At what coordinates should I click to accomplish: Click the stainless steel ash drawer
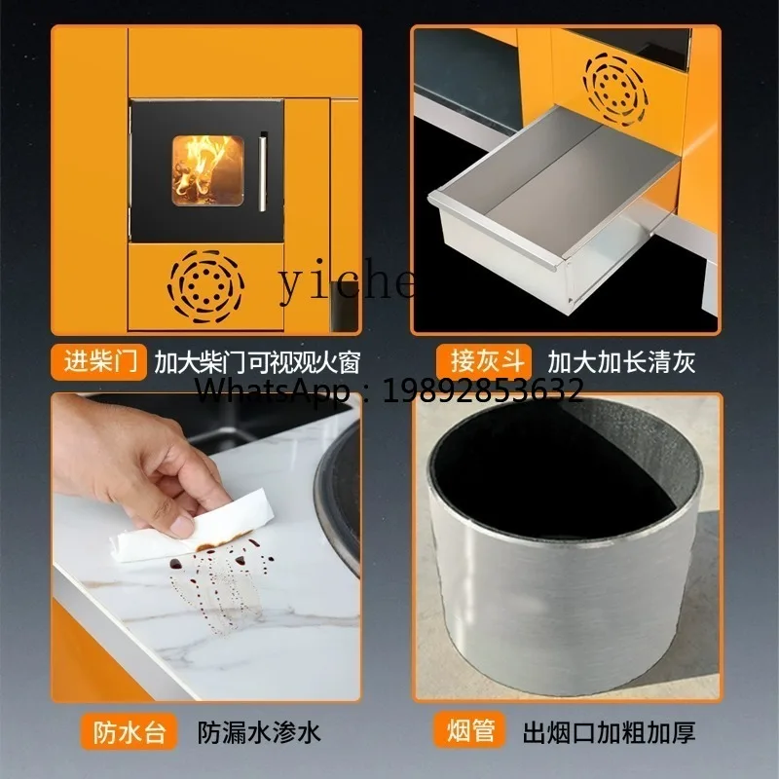[545, 209]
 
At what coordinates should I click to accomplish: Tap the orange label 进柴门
[100, 362]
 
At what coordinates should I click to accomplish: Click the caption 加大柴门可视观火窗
[257, 362]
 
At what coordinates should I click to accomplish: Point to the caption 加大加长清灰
[621, 362]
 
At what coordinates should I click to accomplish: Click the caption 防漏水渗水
[258, 731]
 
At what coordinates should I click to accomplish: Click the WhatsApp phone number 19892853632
[484, 391]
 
